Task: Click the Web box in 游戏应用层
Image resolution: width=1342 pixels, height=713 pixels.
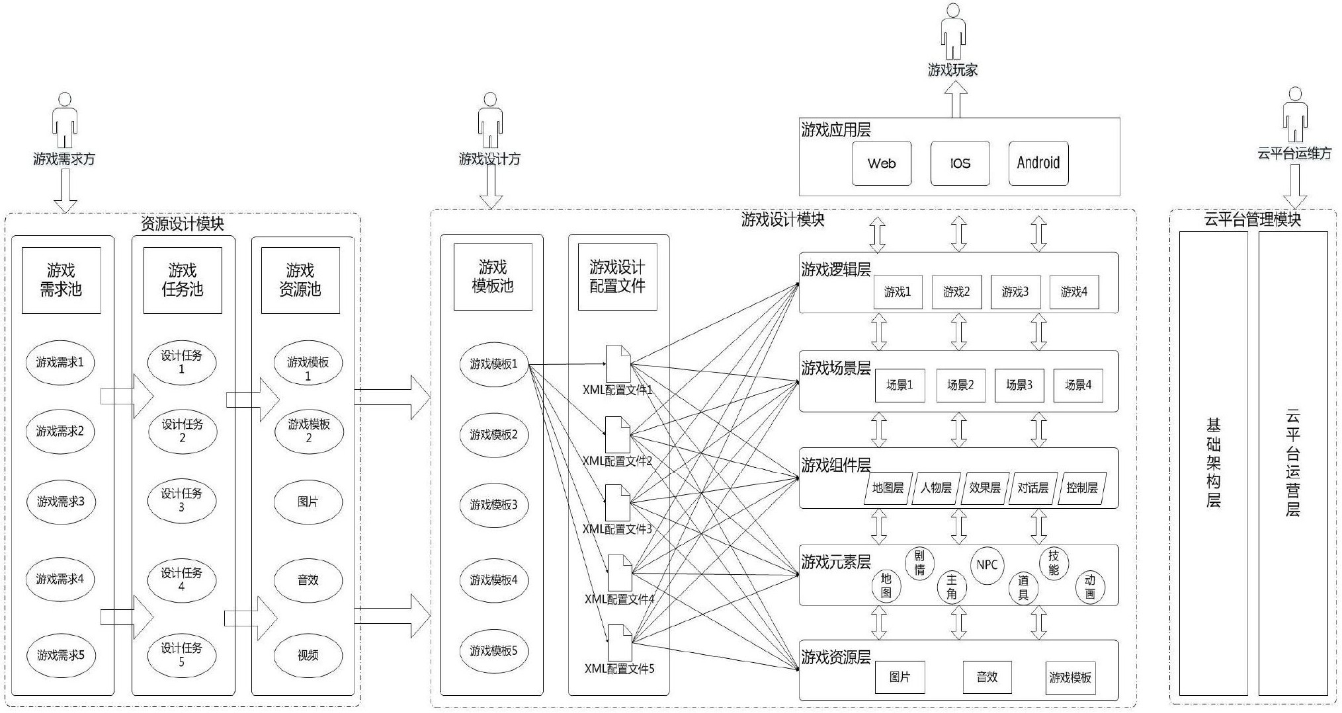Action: point(881,163)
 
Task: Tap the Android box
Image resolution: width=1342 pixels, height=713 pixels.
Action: point(1038,163)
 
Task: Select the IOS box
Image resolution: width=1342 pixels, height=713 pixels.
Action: point(960,163)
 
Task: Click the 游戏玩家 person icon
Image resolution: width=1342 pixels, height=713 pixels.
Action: point(952,31)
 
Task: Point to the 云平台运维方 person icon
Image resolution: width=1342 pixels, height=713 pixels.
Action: point(1294,115)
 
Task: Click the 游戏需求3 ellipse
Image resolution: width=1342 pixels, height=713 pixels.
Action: point(61,502)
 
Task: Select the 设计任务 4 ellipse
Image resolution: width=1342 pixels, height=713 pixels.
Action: point(182,580)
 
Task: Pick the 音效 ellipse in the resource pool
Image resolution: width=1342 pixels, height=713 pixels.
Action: point(308,580)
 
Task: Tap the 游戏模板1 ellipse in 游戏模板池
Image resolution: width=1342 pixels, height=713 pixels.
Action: point(494,364)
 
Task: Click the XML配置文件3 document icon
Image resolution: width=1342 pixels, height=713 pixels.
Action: point(618,504)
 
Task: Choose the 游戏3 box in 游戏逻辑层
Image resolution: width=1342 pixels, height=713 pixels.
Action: point(1015,292)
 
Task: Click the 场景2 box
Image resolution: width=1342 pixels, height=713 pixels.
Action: point(960,385)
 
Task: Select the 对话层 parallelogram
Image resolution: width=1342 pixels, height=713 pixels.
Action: point(1032,488)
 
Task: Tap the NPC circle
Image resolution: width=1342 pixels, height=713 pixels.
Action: point(987,565)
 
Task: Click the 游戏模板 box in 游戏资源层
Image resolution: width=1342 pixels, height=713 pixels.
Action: point(1070,677)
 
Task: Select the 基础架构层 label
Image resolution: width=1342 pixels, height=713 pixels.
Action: point(1213,463)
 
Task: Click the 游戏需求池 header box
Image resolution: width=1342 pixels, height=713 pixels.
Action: point(61,280)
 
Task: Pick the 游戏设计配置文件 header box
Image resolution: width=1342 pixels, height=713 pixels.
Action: point(617,277)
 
